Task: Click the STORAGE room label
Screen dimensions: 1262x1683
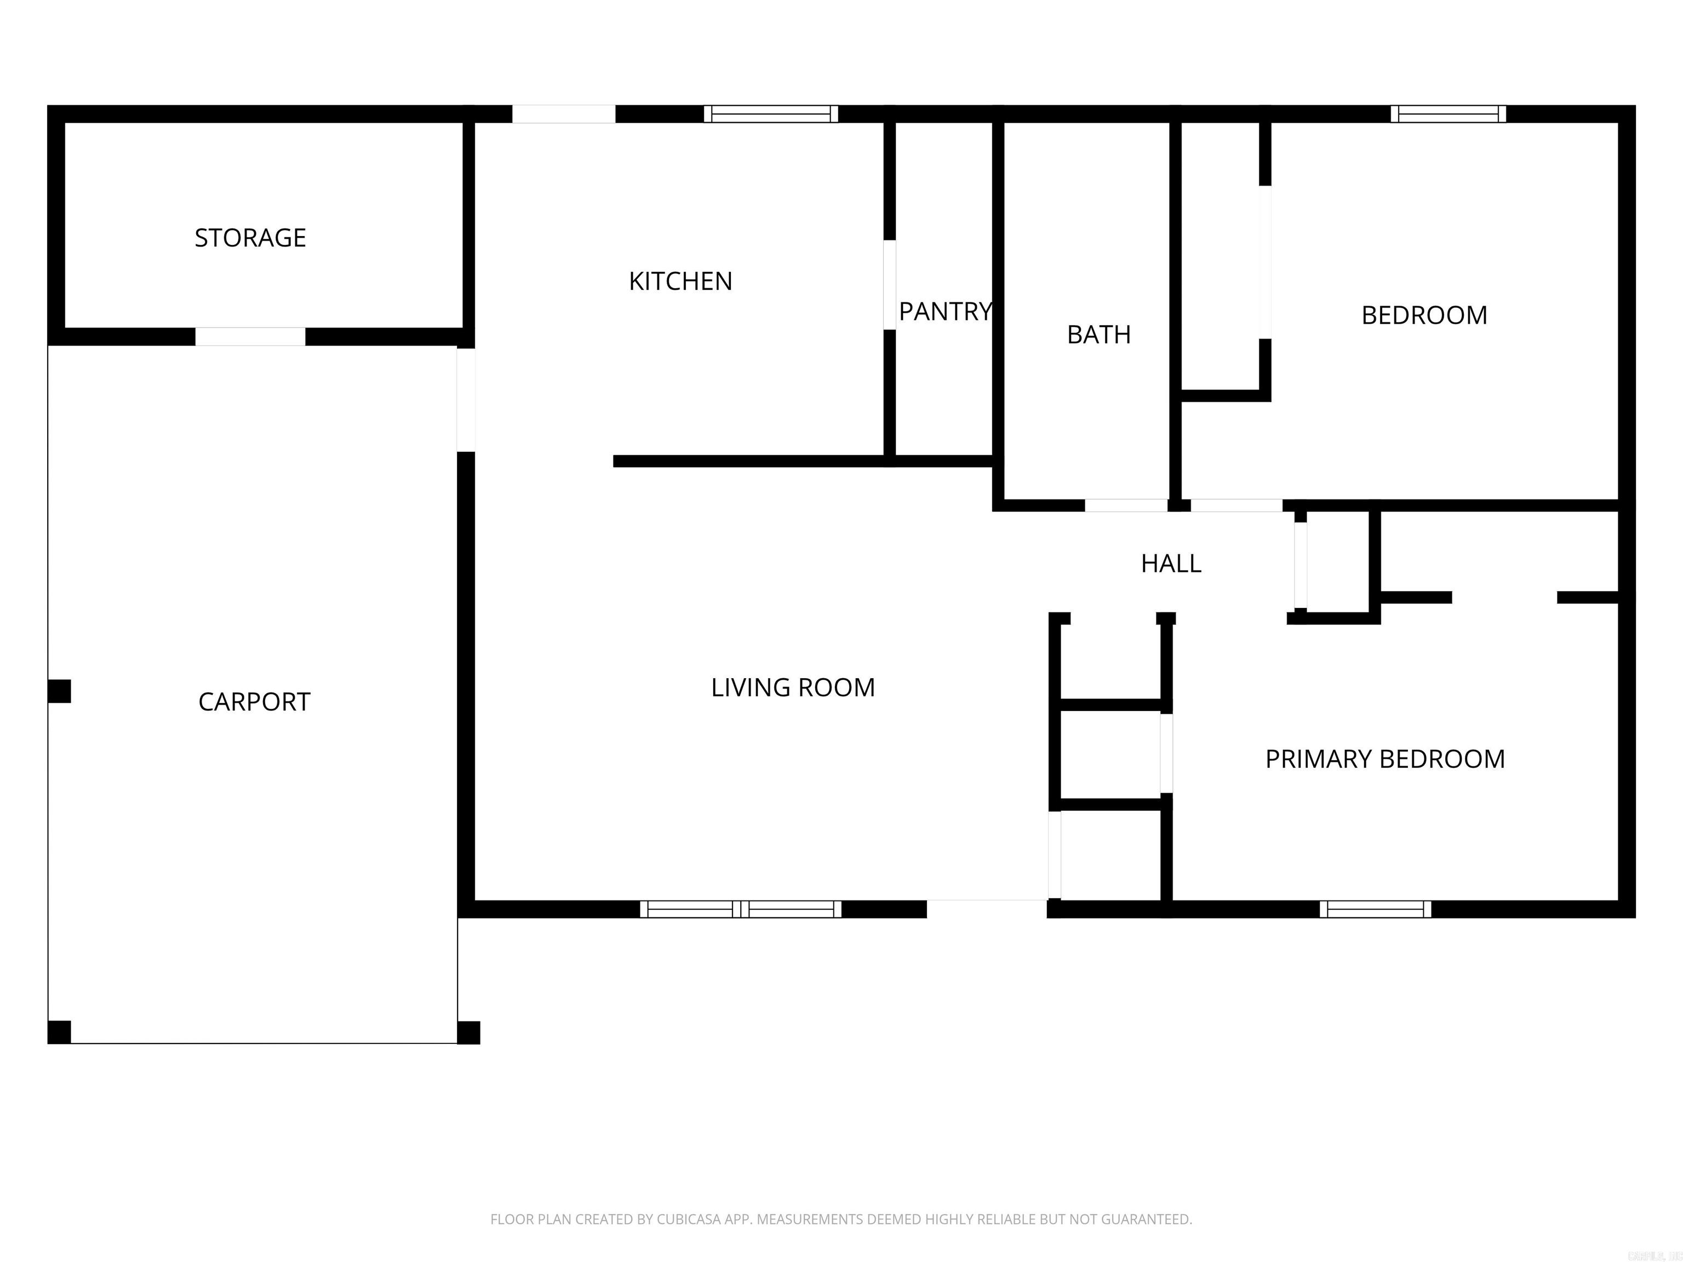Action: tap(250, 238)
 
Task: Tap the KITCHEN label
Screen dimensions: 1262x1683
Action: tap(680, 282)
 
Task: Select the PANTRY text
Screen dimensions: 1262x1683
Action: tap(945, 311)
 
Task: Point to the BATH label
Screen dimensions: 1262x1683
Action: tap(1098, 335)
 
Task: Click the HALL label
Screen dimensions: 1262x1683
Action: tap(1171, 564)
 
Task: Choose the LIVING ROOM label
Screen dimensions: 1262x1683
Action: tap(793, 687)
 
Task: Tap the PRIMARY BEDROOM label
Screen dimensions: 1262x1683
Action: tap(1385, 759)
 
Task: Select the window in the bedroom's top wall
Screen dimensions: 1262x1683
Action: tap(1448, 114)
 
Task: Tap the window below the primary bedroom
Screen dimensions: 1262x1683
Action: tap(1375, 909)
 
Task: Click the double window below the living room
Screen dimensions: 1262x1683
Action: tap(740, 909)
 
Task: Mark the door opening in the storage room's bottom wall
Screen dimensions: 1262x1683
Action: tap(250, 336)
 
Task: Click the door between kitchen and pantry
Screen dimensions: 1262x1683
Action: tap(889, 285)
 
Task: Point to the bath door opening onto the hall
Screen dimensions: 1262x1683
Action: tap(1126, 505)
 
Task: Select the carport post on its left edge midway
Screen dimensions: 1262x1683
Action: tap(59, 691)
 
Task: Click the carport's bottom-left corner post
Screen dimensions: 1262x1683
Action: tap(59, 1032)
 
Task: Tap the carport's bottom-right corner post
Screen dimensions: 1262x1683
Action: tap(468, 1032)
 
